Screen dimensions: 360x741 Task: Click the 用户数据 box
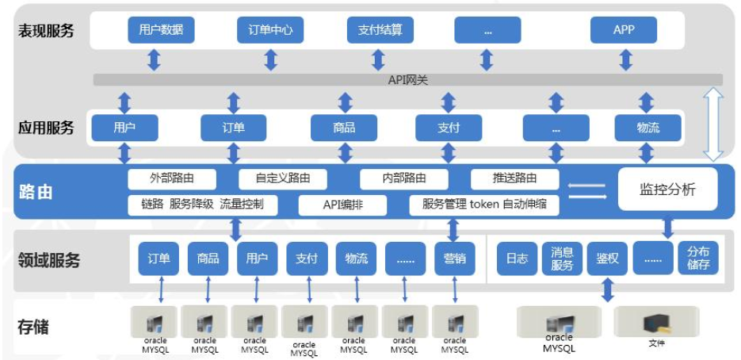coord(161,31)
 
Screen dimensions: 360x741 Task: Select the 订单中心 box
coord(270,31)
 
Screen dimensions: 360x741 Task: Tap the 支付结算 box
coord(380,31)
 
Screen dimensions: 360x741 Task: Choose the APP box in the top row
coord(624,31)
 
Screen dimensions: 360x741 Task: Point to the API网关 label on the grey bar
coord(408,80)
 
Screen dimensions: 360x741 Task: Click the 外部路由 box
coord(172,178)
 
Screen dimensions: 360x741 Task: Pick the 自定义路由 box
coord(283,178)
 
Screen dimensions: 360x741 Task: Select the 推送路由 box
coord(515,178)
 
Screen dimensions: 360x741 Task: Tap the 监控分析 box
coord(667,190)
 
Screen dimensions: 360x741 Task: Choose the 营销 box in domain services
coord(454,259)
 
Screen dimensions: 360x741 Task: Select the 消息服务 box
coord(562,259)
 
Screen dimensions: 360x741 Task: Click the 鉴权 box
coord(607,259)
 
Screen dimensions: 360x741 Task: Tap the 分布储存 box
coord(698,259)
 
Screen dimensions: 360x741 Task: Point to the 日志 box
coord(517,259)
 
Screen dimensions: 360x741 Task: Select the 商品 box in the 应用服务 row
coord(344,128)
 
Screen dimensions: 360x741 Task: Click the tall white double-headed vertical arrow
coord(714,124)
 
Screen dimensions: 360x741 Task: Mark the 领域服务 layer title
coord(49,259)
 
